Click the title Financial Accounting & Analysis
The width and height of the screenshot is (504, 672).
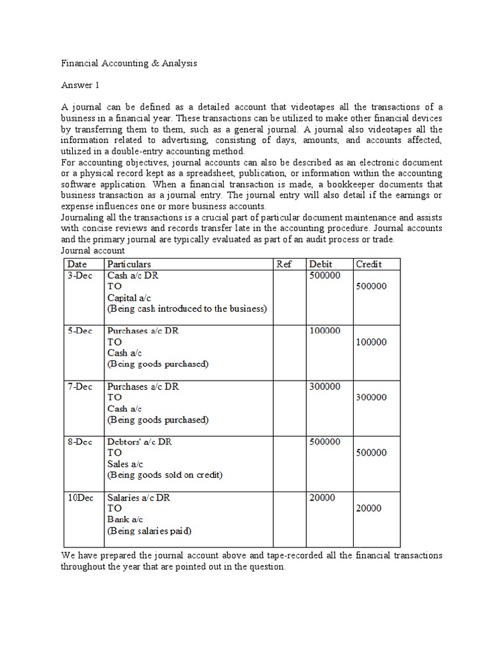(x=129, y=64)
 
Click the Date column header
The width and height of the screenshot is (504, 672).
(x=77, y=264)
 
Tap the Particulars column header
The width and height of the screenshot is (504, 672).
(x=129, y=264)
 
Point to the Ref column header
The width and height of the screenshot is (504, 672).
(x=283, y=264)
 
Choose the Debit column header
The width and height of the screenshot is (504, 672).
(x=321, y=264)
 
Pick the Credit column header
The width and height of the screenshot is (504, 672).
(x=369, y=264)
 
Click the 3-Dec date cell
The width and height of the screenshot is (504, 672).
(x=79, y=276)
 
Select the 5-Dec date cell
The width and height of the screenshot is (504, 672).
(x=79, y=331)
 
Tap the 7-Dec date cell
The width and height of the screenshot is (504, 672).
(x=79, y=387)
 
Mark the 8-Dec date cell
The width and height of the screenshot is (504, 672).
(x=79, y=442)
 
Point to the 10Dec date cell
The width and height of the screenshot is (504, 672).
(x=81, y=497)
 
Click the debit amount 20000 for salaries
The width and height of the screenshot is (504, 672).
(x=322, y=497)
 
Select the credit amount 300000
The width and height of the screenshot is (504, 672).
(x=371, y=397)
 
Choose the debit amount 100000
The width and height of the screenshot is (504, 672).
(x=324, y=331)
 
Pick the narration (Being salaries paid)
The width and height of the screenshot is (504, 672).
(x=149, y=530)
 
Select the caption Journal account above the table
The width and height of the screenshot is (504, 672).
(x=93, y=251)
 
